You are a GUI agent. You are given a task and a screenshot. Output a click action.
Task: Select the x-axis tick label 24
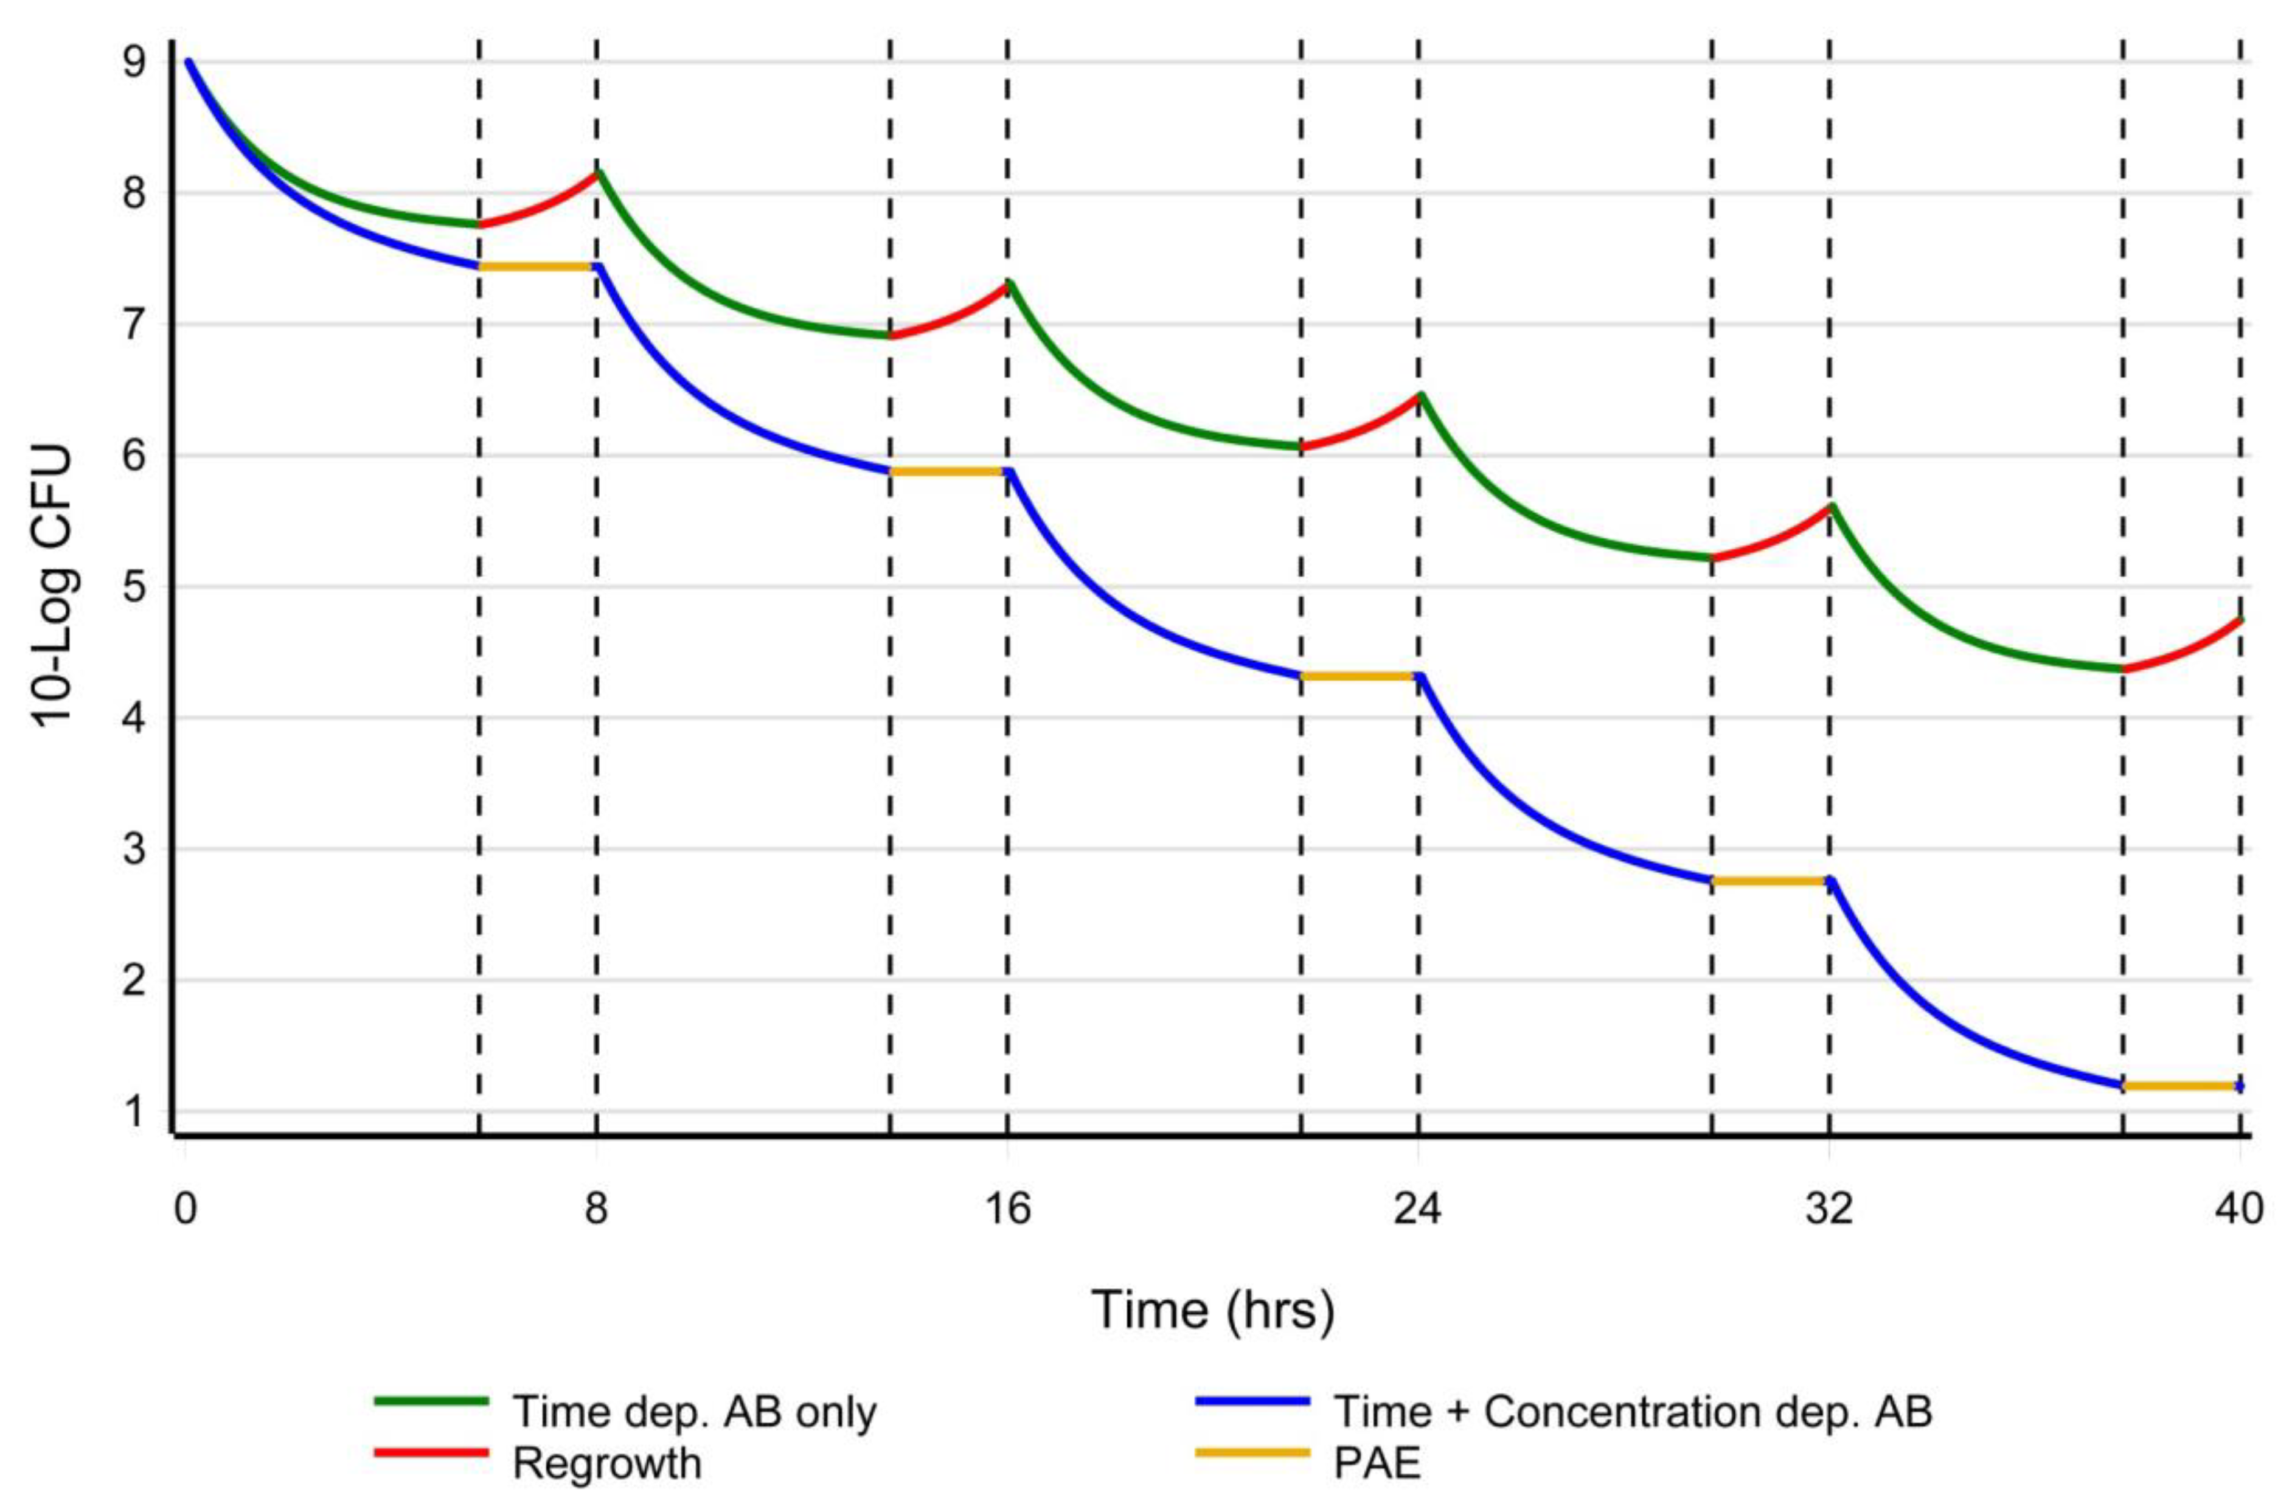click(x=1417, y=1207)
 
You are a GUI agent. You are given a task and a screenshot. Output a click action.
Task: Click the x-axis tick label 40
click(x=2238, y=1207)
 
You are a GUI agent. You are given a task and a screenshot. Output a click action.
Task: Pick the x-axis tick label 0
click(x=185, y=1207)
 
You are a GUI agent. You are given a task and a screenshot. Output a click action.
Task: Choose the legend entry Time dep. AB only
click(x=693, y=1412)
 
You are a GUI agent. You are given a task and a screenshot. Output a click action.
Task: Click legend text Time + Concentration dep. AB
click(x=1633, y=1412)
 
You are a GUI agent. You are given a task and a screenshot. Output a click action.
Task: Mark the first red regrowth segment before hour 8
click(x=540, y=207)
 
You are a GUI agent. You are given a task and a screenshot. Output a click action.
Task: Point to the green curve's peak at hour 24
click(x=1420, y=395)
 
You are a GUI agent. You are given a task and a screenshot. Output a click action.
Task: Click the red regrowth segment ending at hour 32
click(x=1772, y=539)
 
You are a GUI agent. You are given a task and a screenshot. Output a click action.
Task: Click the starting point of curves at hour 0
click(x=189, y=63)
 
